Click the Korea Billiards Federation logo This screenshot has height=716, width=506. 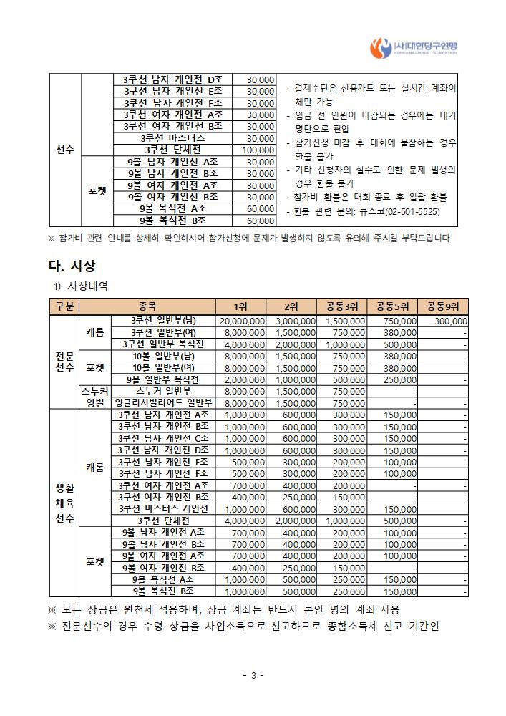click(x=416, y=48)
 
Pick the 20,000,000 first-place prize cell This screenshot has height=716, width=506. click(x=243, y=321)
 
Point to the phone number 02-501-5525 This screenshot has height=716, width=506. click(x=413, y=213)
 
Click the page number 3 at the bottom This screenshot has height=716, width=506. click(x=253, y=675)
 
